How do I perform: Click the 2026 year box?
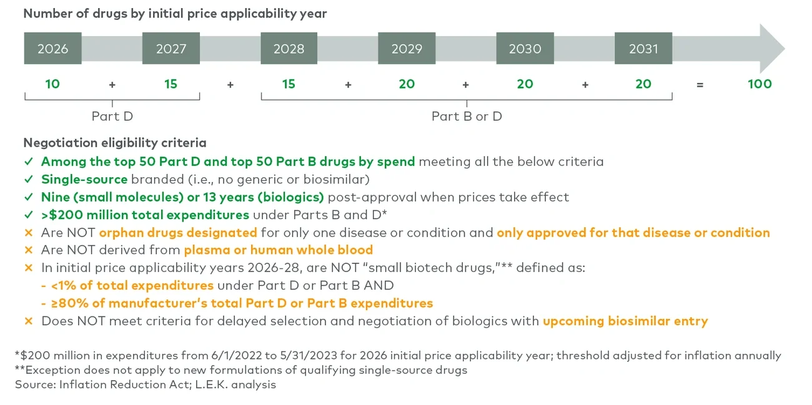pyautogui.click(x=52, y=49)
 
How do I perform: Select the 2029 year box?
pyautogui.click(x=407, y=49)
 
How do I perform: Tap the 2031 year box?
pyautogui.click(x=643, y=49)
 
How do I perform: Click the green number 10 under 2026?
pyautogui.click(x=52, y=84)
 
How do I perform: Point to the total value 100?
pyautogui.click(x=760, y=84)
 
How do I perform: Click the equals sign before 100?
pyautogui.click(x=700, y=84)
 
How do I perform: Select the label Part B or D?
pyautogui.click(x=467, y=116)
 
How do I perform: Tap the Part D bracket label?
pyautogui.click(x=112, y=116)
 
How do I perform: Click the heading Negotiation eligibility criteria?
pyautogui.click(x=115, y=143)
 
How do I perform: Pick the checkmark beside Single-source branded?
pyautogui.click(x=28, y=180)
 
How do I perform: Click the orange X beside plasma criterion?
pyautogui.click(x=28, y=250)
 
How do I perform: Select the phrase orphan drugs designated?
pyautogui.click(x=178, y=233)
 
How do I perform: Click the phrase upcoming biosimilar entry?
pyautogui.click(x=625, y=321)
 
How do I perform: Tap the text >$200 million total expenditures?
pyautogui.click(x=145, y=215)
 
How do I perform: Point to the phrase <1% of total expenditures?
pyautogui.click(x=132, y=286)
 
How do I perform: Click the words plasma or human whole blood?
pyautogui.click(x=278, y=250)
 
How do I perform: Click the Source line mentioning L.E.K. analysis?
pyautogui.click(x=146, y=384)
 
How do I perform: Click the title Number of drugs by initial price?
pyautogui.click(x=175, y=13)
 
